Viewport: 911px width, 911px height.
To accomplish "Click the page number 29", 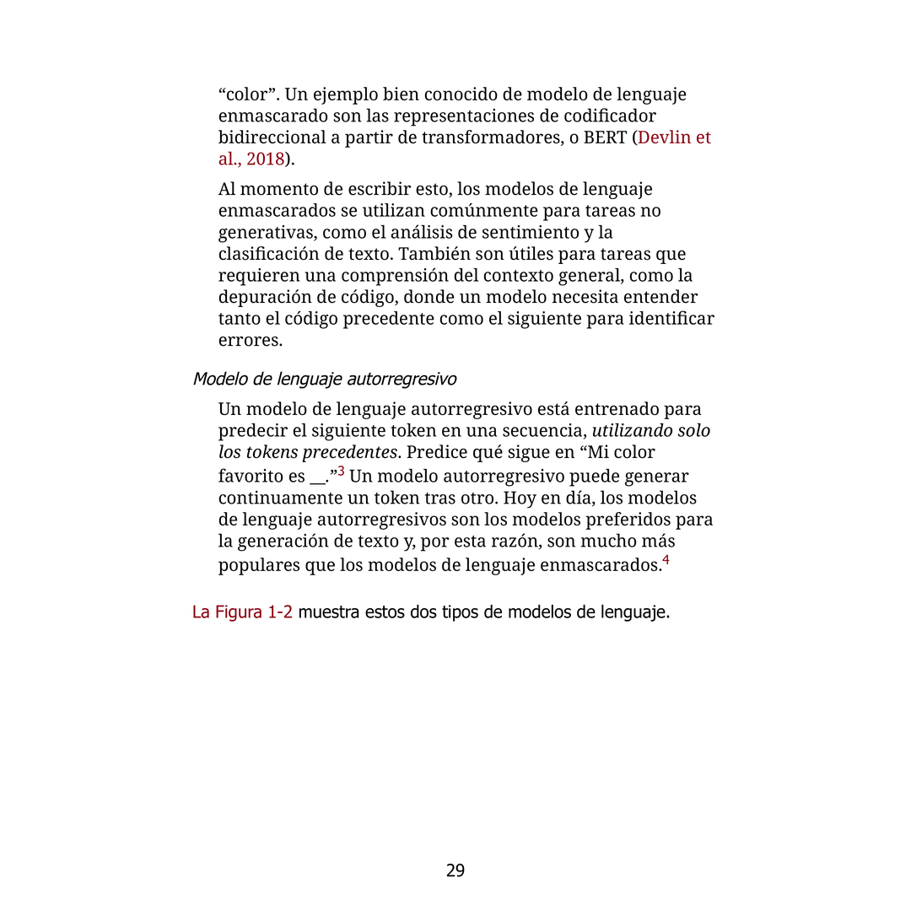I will tap(455, 871).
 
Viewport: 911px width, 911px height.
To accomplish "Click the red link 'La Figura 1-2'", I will tap(242, 612).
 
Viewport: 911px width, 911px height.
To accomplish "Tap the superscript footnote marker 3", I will tap(341, 470).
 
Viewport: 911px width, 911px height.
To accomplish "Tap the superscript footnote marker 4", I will tap(666, 559).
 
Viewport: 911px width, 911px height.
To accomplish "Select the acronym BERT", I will tap(605, 137).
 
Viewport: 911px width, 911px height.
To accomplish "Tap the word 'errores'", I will tap(250, 341).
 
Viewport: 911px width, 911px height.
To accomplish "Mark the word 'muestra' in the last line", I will tap(328, 612).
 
